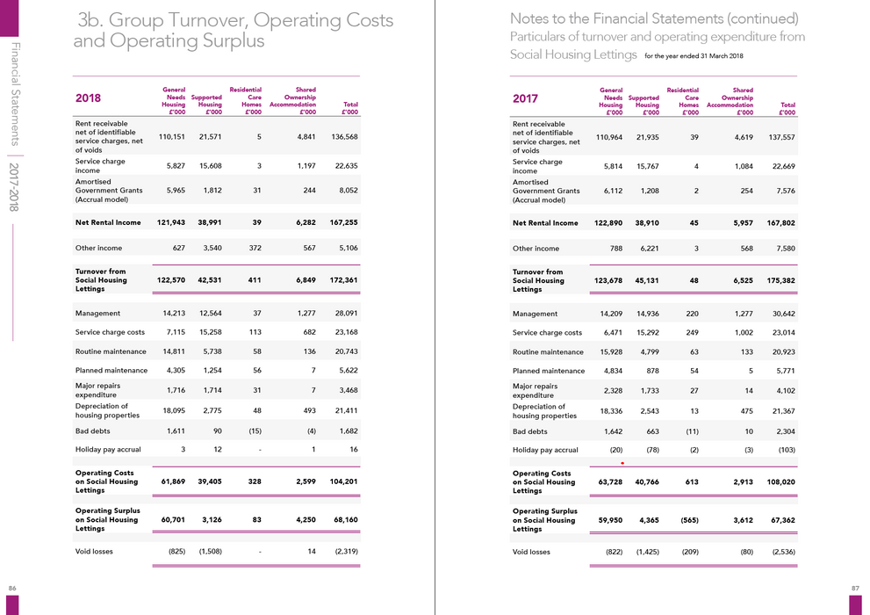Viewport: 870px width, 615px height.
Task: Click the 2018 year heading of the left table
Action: coord(88,98)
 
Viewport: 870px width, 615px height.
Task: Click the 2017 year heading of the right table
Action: coord(526,98)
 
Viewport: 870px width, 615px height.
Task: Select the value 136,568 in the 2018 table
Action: coord(344,136)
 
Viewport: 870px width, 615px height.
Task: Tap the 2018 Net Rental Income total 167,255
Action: coord(344,222)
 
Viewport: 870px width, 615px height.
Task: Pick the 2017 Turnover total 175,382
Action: coord(781,280)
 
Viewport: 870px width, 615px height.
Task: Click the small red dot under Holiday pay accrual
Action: coord(622,463)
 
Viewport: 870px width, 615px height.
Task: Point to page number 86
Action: coord(12,588)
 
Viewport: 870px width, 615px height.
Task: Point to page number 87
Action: coord(856,588)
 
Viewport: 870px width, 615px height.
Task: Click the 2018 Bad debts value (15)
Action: coord(255,430)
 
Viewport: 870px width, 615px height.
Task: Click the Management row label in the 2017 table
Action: coord(535,314)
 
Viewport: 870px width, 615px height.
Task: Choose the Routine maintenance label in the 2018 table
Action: coord(111,351)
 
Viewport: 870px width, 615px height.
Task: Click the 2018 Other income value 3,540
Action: coord(212,248)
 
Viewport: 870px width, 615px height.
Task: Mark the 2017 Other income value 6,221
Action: coord(649,248)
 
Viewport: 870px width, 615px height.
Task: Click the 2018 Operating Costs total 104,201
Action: coord(344,481)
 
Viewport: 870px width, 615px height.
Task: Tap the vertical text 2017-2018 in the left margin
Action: coord(14,187)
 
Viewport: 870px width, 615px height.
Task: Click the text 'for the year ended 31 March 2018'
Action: coord(694,55)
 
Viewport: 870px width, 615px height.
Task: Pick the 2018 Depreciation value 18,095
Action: coord(174,410)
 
